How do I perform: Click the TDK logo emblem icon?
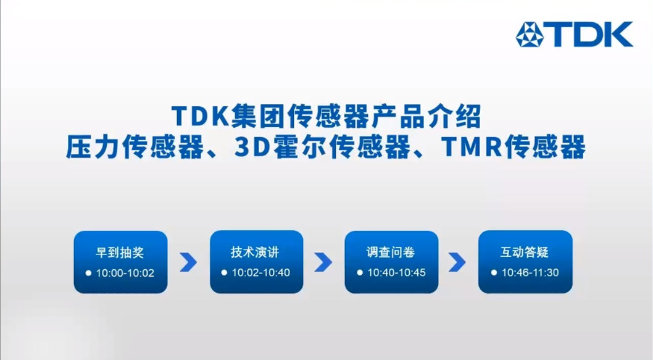pos(530,34)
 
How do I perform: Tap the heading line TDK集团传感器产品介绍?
pos(326,116)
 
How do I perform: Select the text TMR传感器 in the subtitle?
pos(513,146)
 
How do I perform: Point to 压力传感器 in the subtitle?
pos(135,146)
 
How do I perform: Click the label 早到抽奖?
pos(120,253)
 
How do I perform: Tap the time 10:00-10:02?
pos(125,273)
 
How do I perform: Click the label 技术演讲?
pos(255,252)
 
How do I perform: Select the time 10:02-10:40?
pos(260,272)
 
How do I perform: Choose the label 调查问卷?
pos(391,252)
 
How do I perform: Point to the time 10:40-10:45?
pos(396,272)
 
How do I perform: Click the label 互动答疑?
pos(525,252)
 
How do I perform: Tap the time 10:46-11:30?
pos(530,272)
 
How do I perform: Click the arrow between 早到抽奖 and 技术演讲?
pos(188,262)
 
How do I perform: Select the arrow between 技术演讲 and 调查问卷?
pos(323,262)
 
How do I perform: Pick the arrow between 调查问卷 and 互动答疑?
pos(457,262)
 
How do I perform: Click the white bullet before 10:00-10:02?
pos(88,274)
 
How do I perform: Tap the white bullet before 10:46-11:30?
pos(494,273)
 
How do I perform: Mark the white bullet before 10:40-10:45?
pos(360,273)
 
